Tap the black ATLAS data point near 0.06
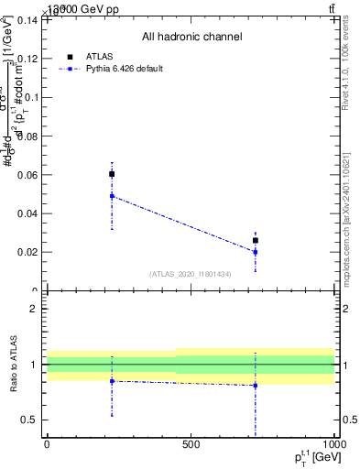click(x=112, y=174)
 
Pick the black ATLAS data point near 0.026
click(x=256, y=240)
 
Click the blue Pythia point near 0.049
click(x=112, y=196)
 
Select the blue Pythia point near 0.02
click(x=256, y=252)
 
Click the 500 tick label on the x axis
click(x=191, y=445)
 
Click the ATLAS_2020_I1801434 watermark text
click(x=191, y=274)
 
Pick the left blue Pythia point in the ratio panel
click(x=112, y=381)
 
